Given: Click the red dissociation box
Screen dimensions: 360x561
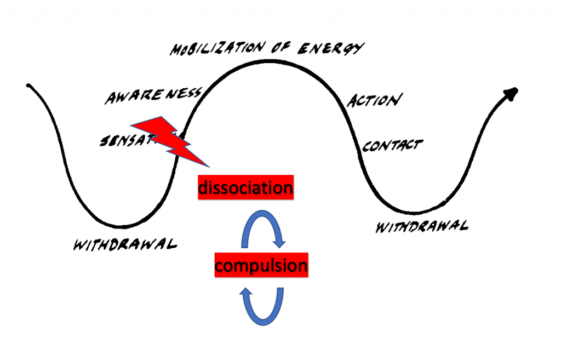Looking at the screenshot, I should pyautogui.click(x=245, y=188).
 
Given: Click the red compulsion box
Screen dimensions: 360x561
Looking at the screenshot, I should pyautogui.click(x=261, y=266).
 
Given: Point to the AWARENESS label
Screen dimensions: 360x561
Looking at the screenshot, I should pyautogui.click(x=153, y=96).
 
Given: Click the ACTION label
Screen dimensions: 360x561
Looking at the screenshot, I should pyautogui.click(x=375, y=101).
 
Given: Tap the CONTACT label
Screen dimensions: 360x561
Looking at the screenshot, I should pyautogui.click(x=392, y=146).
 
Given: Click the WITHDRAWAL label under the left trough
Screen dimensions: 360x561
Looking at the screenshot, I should pyautogui.click(x=125, y=244).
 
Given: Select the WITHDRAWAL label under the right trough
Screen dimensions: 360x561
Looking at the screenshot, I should pyautogui.click(x=421, y=226).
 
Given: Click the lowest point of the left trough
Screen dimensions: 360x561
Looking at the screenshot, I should pyautogui.click(x=122, y=226).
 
